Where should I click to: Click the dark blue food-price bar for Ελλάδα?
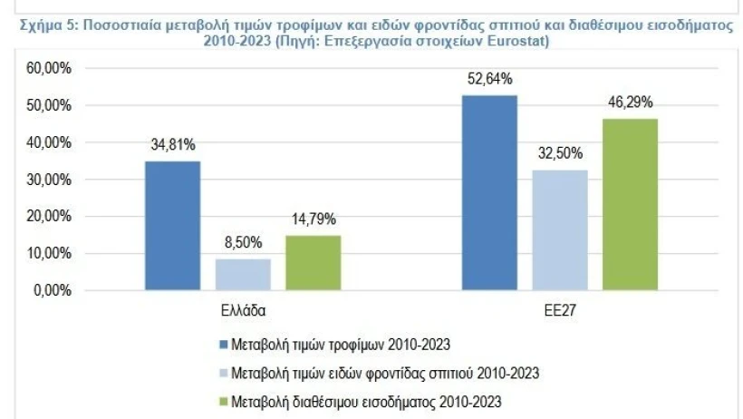pos(172,226)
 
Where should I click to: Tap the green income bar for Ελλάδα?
pos(313,263)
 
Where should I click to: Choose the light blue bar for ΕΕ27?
pos(560,230)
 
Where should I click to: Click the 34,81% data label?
pos(172,144)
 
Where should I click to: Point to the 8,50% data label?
pos(242,242)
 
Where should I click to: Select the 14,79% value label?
pos(313,219)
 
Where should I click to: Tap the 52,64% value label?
pos(489,78)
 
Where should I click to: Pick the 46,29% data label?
pos(630,102)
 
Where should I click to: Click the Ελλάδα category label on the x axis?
pos(242,310)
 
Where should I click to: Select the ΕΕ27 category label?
pos(560,310)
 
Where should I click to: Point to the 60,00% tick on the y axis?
pos(48,69)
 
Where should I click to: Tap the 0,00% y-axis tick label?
pos(52,291)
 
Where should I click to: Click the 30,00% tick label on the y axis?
pos(48,180)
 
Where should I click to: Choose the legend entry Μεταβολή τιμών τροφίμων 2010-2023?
pos(341,345)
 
